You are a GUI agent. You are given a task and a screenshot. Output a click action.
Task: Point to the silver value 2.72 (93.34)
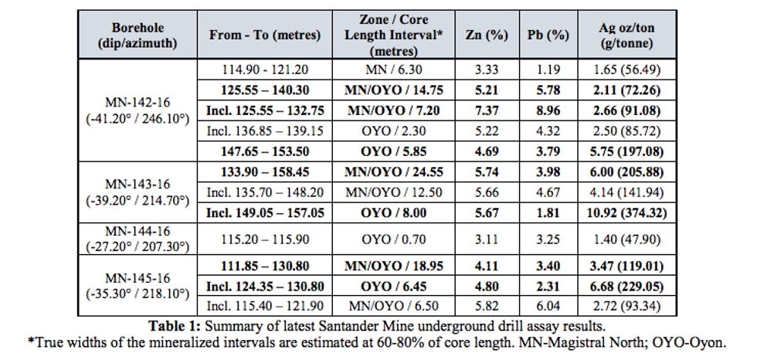pyautogui.click(x=626, y=307)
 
